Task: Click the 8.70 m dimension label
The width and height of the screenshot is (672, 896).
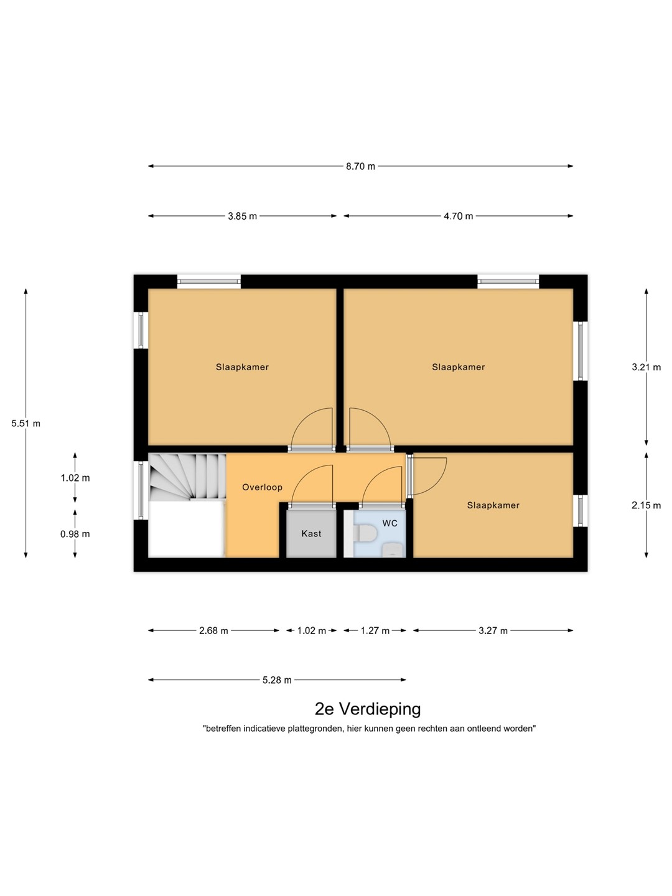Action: tap(360, 167)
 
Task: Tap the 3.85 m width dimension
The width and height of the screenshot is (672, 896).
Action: tap(243, 217)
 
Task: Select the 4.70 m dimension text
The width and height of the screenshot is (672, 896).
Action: tap(458, 217)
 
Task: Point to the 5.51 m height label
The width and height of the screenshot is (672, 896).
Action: tap(26, 424)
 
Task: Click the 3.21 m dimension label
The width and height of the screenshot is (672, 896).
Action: tap(646, 367)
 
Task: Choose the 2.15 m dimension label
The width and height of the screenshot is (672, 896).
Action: tap(646, 506)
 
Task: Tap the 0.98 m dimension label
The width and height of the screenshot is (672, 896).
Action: tap(75, 534)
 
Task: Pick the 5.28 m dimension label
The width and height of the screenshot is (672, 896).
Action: tap(277, 680)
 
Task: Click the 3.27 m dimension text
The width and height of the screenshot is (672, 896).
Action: tap(493, 631)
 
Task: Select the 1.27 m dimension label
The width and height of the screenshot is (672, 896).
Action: tap(375, 631)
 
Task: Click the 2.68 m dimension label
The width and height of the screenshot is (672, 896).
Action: tap(213, 631)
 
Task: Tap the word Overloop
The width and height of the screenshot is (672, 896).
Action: tap(262, 487)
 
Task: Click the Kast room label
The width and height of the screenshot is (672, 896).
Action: tap(311, 533)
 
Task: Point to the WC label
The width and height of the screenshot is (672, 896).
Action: tap(390, 523)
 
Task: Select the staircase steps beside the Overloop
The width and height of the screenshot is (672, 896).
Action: tap(187, 477)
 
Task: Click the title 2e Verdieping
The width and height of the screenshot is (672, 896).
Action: tap(368, 709)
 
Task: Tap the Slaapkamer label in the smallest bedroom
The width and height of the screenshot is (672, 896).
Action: tap(493, 505)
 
